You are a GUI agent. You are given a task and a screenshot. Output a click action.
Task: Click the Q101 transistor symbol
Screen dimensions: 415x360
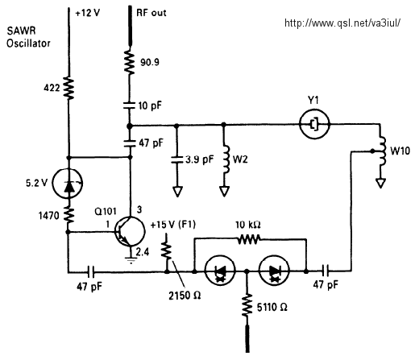click(130, 231)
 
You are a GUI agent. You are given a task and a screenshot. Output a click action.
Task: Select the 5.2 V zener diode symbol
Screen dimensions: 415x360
click(68, 183)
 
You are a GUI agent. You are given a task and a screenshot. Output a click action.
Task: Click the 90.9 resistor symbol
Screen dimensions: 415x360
click(129, 62)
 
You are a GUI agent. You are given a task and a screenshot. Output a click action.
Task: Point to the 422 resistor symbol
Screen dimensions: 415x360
click(68, 88)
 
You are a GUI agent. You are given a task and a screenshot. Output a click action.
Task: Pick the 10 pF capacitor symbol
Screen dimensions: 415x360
click(129, 106)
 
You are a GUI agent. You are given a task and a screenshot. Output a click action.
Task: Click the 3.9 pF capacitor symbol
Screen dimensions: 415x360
click(176, 159)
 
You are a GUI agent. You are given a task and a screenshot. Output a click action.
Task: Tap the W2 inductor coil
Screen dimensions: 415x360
click(226, 159)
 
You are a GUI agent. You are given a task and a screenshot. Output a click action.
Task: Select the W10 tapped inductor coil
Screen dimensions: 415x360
click(382, 151)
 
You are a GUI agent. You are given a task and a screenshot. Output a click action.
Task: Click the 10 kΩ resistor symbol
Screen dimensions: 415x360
click(249, 239)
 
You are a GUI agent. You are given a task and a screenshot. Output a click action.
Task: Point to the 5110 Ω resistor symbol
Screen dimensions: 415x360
click(247, 304)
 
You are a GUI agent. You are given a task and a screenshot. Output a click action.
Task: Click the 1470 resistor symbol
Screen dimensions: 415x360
click(69, 215)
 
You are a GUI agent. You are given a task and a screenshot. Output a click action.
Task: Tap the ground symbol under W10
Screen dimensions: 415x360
click(381, 183)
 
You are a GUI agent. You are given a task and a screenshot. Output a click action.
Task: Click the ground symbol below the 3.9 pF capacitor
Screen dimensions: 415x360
click(177, 192)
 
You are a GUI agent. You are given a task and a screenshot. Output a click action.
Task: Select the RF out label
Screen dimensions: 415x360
click(151, 13)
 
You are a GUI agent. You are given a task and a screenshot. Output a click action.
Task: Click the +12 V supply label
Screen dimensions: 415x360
click(88, 13)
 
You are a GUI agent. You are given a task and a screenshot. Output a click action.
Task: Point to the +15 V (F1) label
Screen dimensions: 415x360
click(173, 225)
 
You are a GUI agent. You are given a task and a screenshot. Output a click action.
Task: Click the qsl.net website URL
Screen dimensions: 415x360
click(342, 23)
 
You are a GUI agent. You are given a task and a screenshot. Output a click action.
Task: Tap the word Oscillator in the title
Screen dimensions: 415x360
click(28, 43)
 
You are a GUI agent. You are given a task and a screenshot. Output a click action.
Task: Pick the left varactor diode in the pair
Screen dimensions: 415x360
click(220, 271)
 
